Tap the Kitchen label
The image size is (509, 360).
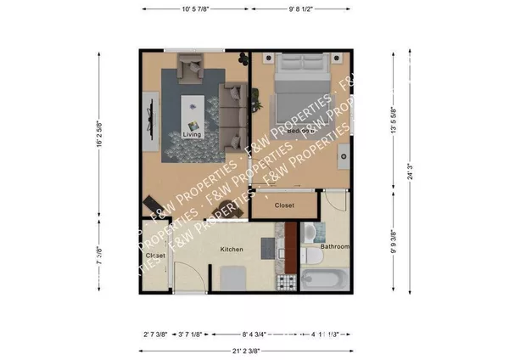point(232,250)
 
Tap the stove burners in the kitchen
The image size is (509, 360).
point(288,280)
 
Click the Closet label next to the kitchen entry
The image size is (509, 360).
point(155,255)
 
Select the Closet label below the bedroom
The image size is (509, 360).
point(284,206)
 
